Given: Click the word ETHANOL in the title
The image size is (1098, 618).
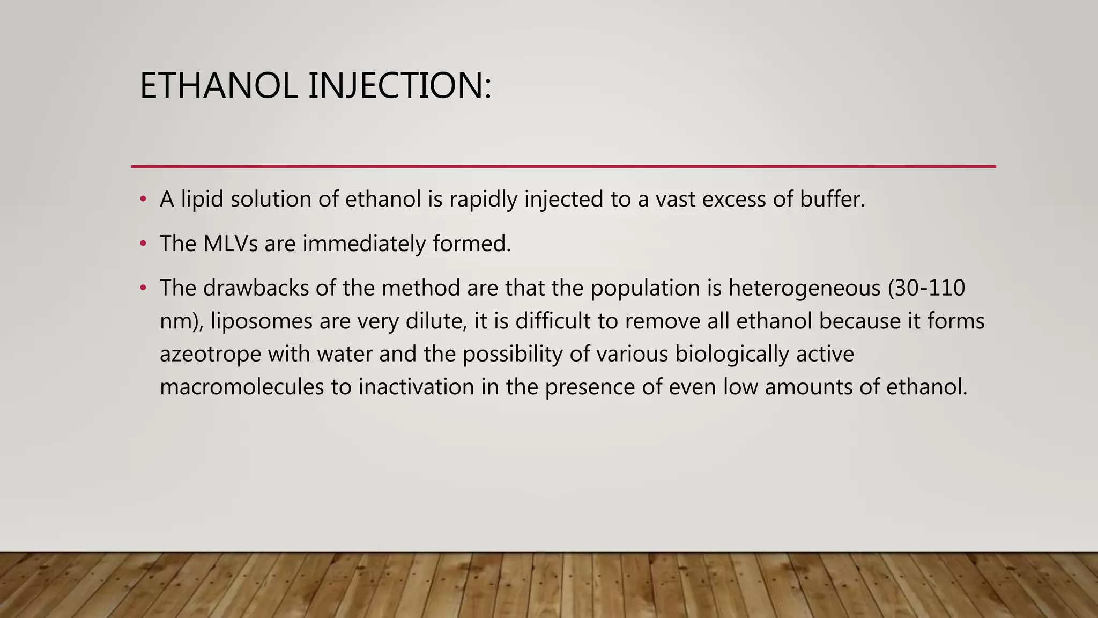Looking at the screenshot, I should (218, 86).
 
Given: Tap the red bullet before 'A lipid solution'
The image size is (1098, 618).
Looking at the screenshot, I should (143, 200).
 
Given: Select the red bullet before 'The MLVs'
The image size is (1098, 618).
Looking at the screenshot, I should (143, 244).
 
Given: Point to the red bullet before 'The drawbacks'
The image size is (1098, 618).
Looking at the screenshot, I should (143, 289).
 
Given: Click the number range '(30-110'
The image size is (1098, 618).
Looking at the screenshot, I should (926, 288).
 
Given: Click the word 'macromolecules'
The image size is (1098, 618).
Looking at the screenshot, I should (242, 387).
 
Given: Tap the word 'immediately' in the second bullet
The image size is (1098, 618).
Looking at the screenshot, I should (363, 244).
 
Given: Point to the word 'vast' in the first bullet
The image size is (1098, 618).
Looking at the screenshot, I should (676, 200).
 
